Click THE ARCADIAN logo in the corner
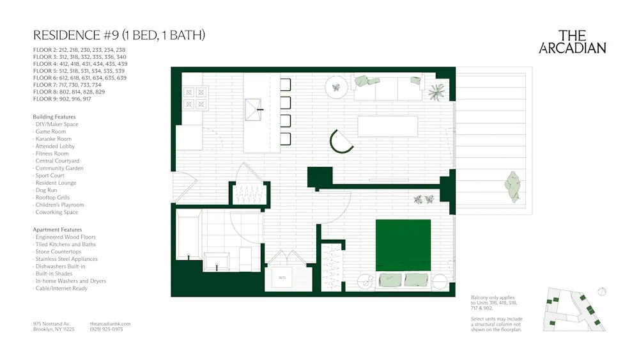pyautogui.click(x=573, y=42)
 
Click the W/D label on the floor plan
pyautogui.click(x=282, y=278)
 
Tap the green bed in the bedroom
pyautogui.click(x=403, y=245)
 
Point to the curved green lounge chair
pyautogui.click(x=341, y=141)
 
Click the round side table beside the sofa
pyautogui.click(x=335, y=87)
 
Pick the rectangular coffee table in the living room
pyautogui.click(x=387, y=126)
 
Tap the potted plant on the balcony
pyautogui.click(x=512, y=187)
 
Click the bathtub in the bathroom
pyautogui.click(x=188, y=237)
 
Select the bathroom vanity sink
pyautogui.click(x=217, y=262)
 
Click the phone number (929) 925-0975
pyautogui.click(x=107, y=329)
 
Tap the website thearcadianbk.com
pyautogui.click(x=111, y=324)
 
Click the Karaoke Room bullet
pyautogui.click(x=53, y=139)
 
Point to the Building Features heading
pyautogui.click(x=54, y=117)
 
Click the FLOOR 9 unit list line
pyautogui.click(x=62, y=99)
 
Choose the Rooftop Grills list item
pyautogui.click(x=54, y=198)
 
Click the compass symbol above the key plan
pyautogui.click(x=602, y=292)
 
